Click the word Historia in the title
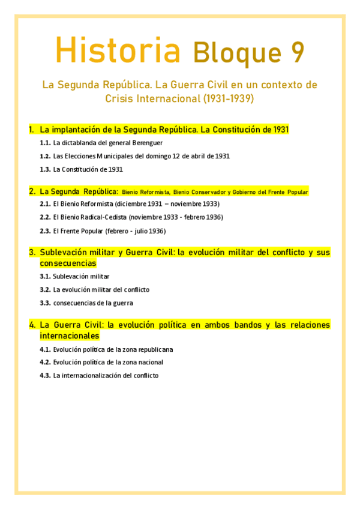pyautogui.click(x=118, y=50)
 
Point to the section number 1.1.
pyautogui.click(x=45, y=143)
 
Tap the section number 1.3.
pyautogui.click(x=45, y=169)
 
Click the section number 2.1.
pyautogui.click(x=45, y=204)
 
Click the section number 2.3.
pyautogui.click(x=45, y=231)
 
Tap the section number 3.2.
pyautogui.click(x=45, y=289)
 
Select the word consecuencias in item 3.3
pyautogui.click(x=74, y=303)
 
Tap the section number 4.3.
pyautogui.click(x=45, y=376)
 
